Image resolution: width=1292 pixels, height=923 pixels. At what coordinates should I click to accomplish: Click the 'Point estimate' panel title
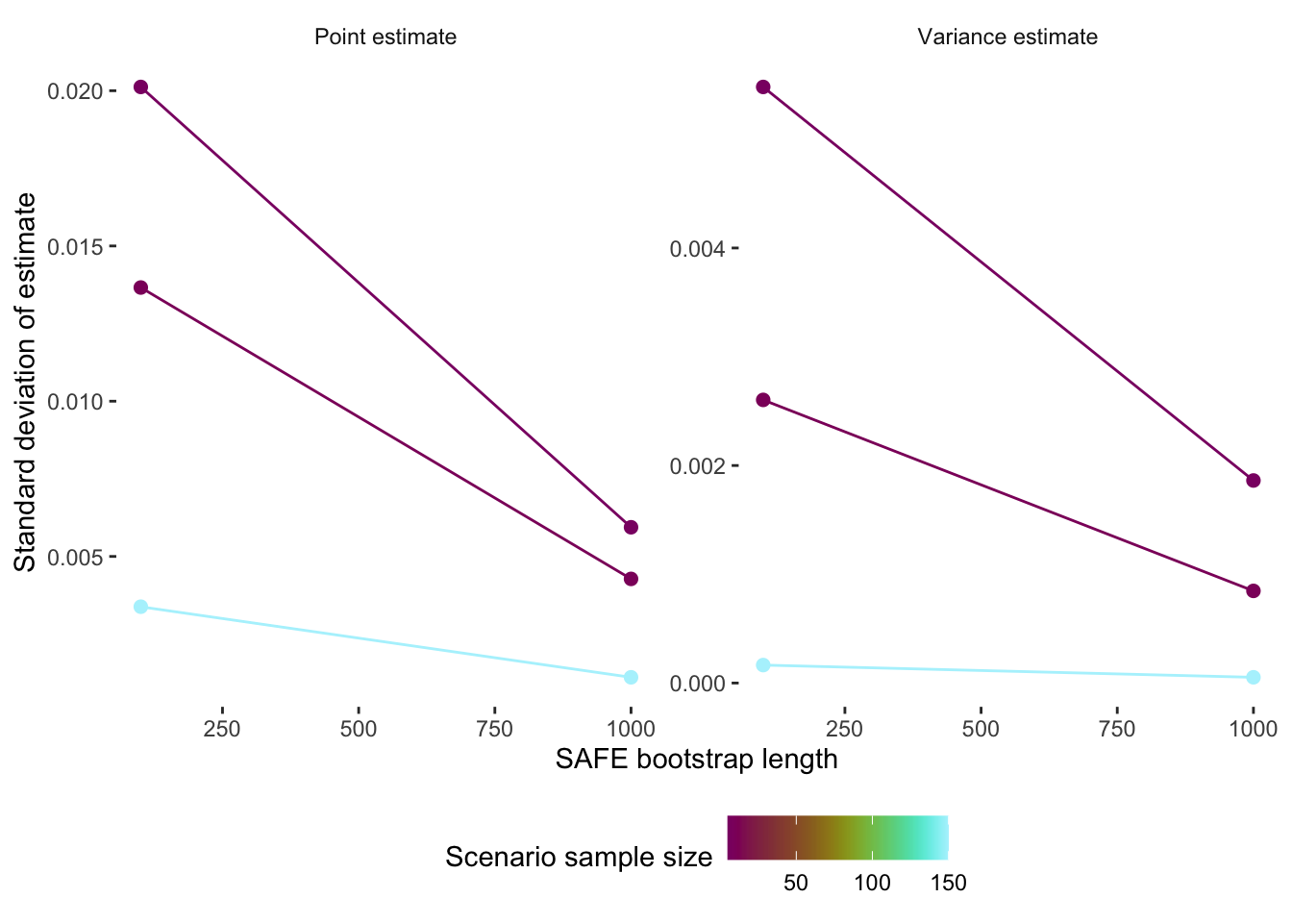click(385, 37)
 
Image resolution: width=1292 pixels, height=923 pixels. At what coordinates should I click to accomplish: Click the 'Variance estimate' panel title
click(1006, 37)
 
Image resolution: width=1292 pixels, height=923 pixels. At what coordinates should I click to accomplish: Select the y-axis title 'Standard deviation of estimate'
click(26, 382)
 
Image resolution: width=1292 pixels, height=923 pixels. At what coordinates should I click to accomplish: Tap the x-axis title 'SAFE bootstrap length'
click(696, 760)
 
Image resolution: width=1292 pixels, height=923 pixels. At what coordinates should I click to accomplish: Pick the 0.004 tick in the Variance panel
click(697, 249)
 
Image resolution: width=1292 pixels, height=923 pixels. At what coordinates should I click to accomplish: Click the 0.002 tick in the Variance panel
click(697, 466)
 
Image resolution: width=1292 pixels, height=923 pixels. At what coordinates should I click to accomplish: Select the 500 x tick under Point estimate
click(359, 729)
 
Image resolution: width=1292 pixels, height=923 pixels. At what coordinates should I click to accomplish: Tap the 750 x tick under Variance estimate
click(1117, 729)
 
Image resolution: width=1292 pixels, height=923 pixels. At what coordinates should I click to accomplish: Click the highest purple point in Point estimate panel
click(141, 87)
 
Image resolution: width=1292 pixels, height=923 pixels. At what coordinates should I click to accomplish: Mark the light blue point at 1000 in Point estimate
click(631, 677)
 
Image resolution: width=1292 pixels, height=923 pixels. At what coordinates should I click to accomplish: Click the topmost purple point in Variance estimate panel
click(763, 87)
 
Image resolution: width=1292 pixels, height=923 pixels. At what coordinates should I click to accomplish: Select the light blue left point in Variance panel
click(763, 665)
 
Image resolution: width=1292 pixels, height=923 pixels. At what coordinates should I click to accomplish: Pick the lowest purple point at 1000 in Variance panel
click(1253, 590)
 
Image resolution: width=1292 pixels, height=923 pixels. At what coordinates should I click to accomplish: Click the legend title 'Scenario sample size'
click(578, 858)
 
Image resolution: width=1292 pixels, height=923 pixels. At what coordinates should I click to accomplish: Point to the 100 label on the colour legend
click(872, 884)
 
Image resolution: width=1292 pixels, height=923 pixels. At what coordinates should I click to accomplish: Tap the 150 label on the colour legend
click(948, 884)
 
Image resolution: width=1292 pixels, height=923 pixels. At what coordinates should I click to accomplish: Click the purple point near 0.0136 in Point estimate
click(141, 287)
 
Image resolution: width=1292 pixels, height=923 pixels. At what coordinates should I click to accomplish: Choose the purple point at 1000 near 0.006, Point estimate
click(631, 527)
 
